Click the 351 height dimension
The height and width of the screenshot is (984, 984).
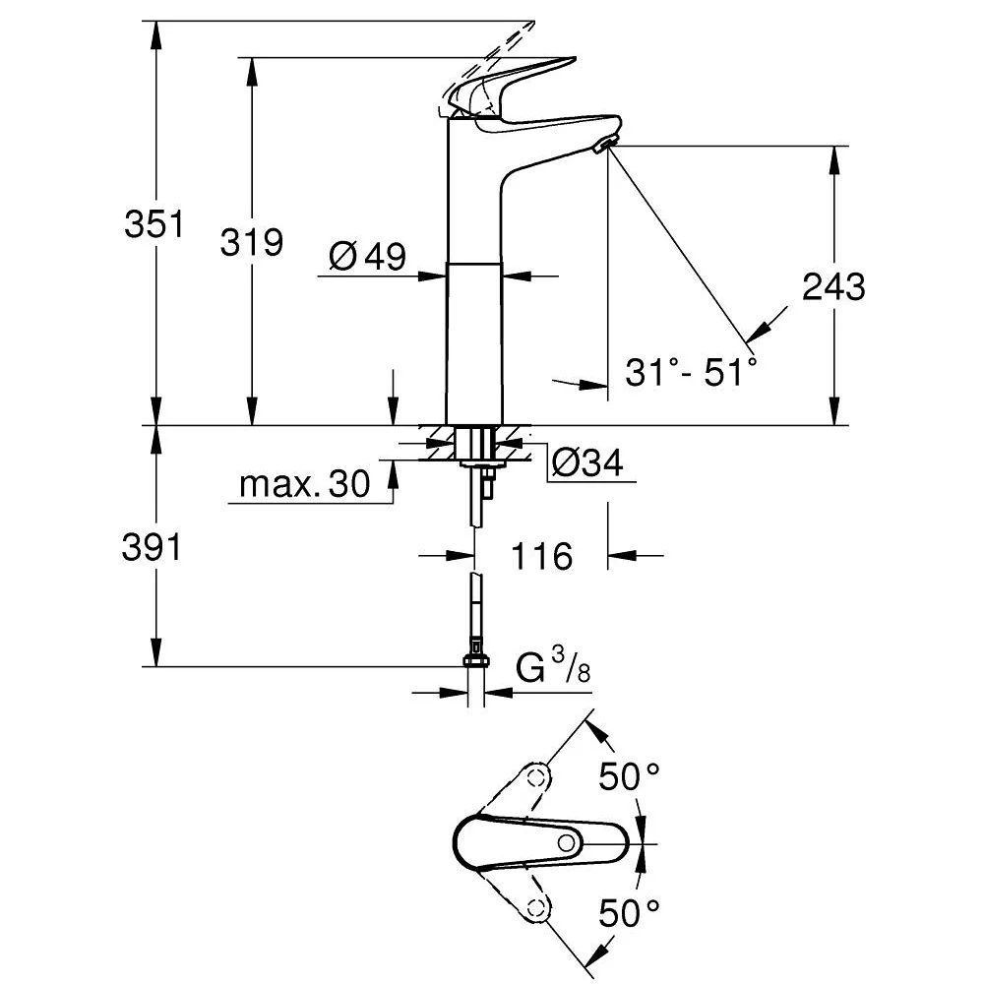pos(154,224)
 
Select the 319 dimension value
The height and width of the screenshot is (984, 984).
pos(252,242)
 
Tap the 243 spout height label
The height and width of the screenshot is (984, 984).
pos(834,286)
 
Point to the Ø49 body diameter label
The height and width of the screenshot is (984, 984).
pos(368,256)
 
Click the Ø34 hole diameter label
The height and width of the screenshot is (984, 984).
pos(588,463)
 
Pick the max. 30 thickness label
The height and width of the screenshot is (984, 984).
pos(305,484)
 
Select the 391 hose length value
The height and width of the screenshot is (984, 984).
pos(152,547)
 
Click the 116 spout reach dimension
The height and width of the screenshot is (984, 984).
pos(542,556)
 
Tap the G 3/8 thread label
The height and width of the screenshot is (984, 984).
pos(553,666)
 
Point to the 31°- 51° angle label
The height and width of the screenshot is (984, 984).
pos(692,372)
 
